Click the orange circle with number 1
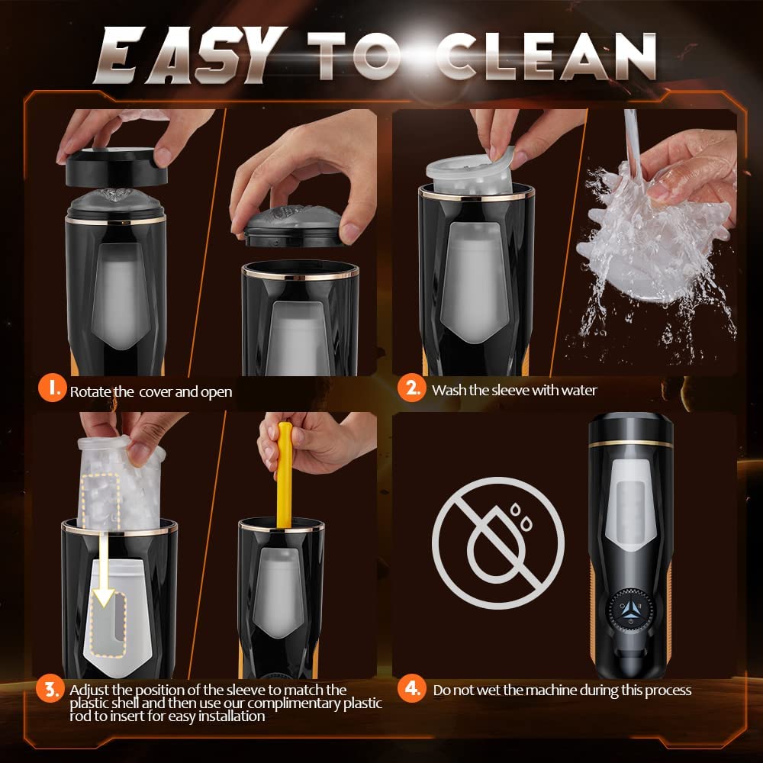(52, 388)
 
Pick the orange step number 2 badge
(412, 388)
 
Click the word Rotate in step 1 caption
(91, 391)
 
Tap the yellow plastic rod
(284, 473)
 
